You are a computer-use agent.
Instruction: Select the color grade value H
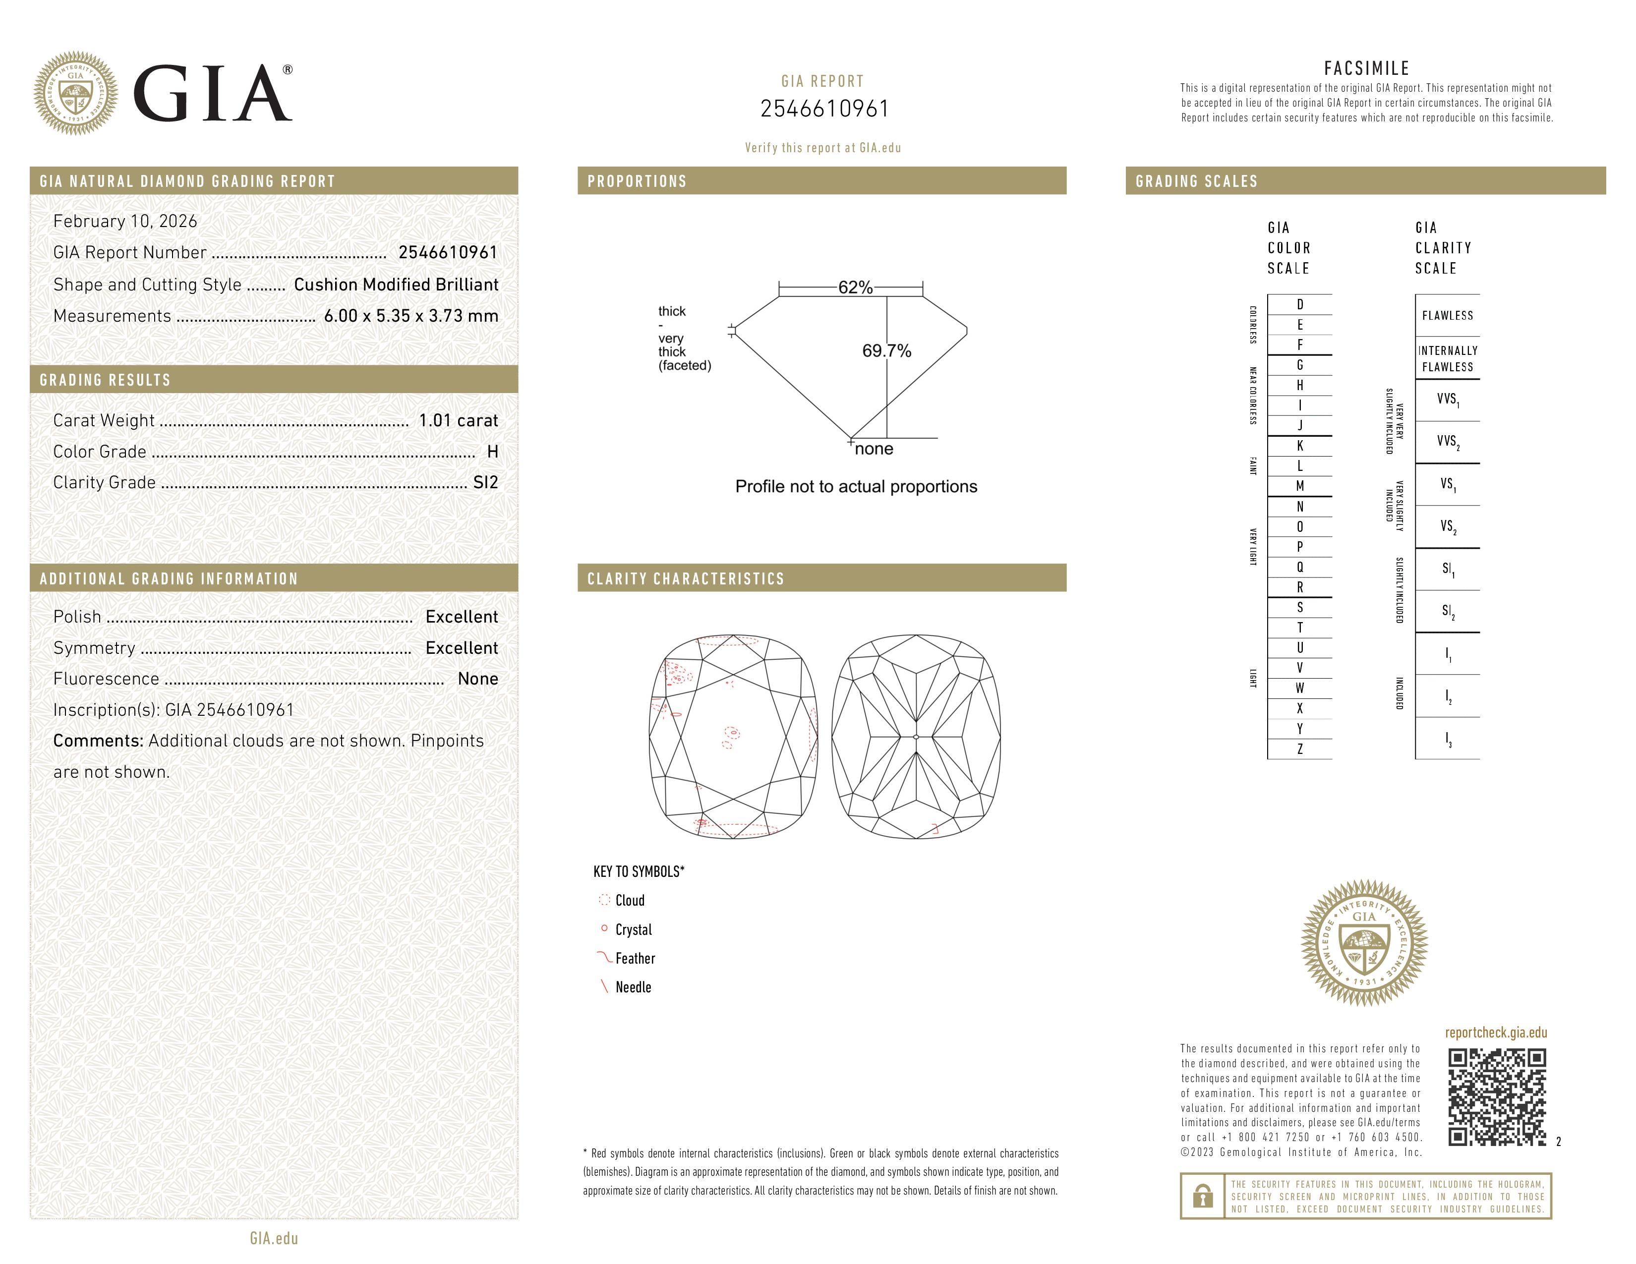pyautogui.click(x=492, y=452)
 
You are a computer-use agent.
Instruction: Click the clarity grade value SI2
pyautogui.click(x=485, y=483)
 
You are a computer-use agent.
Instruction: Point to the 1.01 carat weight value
pyautogui.click(x=458, y=421)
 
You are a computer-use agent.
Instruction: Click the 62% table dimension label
pyautogui.click(x=855, y=287)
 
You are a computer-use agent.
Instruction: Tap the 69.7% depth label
pyautogui.click(x=886, y=351)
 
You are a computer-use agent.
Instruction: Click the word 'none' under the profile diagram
pyautogui.click(x=874, y=449)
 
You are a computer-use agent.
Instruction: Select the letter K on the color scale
pyautogui.click(x=1300, y=446)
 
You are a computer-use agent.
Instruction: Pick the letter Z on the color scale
pyautogui.click(x=1300, y=749)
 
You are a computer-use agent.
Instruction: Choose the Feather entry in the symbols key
pyautogui.click(x=635, y=959)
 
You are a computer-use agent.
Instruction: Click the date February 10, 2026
pyautogui.click(x=125, y=222)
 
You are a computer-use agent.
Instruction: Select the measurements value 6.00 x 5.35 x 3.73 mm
pyautogui.click(x=410, y=316)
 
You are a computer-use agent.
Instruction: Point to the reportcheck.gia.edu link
pyautogui.click(x=1495, y=1033)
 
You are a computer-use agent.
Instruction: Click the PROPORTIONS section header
pyautogui.click(x=637, y=181)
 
